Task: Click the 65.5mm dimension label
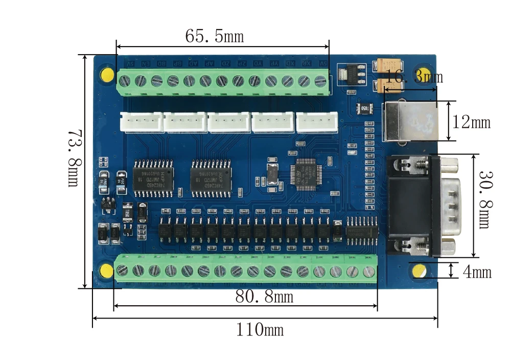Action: [214, 37]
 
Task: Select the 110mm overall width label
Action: [259, 330]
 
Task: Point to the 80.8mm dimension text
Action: [264, 296]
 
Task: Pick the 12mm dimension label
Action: [471, 122]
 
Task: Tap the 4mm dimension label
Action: [477, 272]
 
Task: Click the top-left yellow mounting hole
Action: [108, 74]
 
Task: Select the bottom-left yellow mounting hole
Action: [107, 271]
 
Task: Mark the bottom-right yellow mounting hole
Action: [420, 272]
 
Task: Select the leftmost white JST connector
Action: [142, 122]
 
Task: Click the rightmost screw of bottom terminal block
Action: [367, 272]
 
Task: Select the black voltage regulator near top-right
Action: [352, 74]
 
